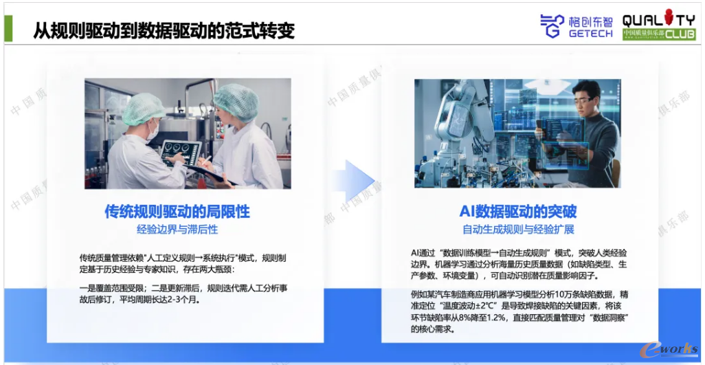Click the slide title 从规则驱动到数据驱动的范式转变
click(164, 30)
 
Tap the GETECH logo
click(577, 25)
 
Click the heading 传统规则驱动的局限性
click(177, 212)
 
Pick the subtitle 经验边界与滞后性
click(177, 230)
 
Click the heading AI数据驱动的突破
click(518, 212)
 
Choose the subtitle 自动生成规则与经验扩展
click(518, 230)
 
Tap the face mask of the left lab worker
click(153, 131)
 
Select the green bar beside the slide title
click(8, 29)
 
